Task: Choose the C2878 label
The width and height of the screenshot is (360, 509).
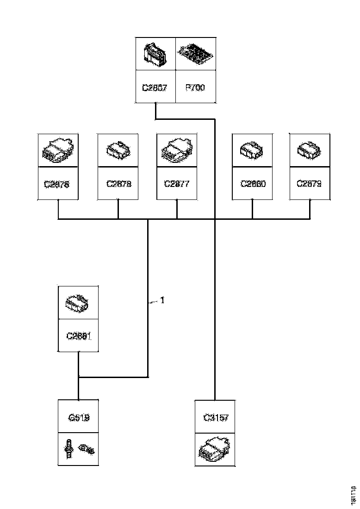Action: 118,183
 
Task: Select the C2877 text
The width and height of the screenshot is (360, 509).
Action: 177,183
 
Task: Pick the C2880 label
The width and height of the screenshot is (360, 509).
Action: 252,183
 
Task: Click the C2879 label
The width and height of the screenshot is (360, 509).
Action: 310,183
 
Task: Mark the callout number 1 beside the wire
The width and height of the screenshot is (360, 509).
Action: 162,300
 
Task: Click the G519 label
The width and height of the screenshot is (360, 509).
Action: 78,417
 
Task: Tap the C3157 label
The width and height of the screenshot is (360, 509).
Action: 216,417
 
